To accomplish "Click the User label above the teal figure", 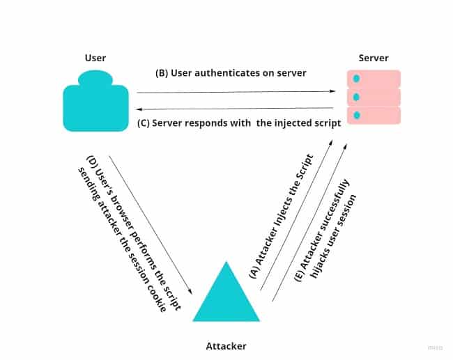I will (x=95, y=58).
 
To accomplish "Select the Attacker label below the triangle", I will (x=226, y=345).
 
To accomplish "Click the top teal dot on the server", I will (x=356, y=79).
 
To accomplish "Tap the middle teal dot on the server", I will (x=356, y=97).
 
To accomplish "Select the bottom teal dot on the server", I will (x=356, y=115).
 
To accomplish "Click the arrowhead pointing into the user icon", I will (x=139, y=110).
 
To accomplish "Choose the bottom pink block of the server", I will (x=374, y=115).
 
